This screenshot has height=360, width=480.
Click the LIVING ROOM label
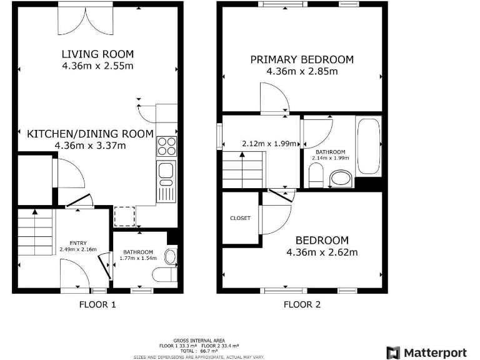[x=97, y=54]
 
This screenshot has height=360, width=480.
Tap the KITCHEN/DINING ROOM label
[x=90, y=134]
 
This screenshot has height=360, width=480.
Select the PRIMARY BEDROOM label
[x=302, y=60]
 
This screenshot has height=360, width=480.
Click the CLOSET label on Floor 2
[x=240, y=218]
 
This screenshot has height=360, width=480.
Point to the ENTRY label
[x=78, y=243]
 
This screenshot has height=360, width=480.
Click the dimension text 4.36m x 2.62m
[x=322, y=252]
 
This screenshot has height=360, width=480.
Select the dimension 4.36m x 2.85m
[x=302, y=71]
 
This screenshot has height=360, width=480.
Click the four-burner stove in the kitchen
[x=166, y=146]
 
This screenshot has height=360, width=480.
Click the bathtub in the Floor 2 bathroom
[x=367, y=146]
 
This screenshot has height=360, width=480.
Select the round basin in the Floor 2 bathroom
[x=341, y=180]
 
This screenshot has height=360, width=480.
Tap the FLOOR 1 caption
[x=97, y=305]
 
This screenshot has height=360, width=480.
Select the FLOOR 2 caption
[x=302, y=305]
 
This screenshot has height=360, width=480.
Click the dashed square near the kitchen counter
[x=124, y=216]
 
